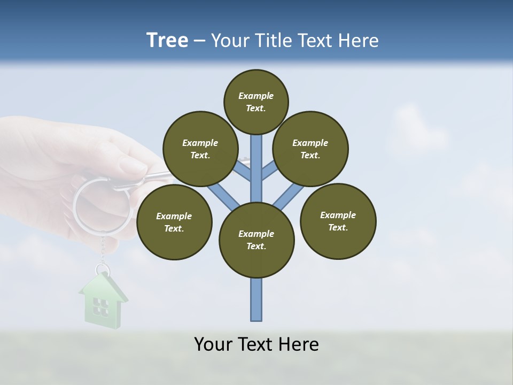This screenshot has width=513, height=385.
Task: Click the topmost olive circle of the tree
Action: (255, 102)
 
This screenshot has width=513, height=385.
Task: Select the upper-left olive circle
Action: (200, 149)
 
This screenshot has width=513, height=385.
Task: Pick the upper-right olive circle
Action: (310, 149)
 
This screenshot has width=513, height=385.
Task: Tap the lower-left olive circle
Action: (174, 222)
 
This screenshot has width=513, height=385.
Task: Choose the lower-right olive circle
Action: (338, 221)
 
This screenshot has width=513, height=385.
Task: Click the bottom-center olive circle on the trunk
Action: (256, 240)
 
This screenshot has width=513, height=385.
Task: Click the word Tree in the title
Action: (167, 40)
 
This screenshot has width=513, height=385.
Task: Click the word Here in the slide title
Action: (358, 40)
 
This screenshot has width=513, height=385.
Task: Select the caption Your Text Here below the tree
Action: (256, 344)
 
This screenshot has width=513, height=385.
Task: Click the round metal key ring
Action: (102, 206)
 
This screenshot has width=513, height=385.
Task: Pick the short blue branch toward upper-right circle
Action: (269, 171)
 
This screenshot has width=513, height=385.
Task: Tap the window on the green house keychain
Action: (100, 306)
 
